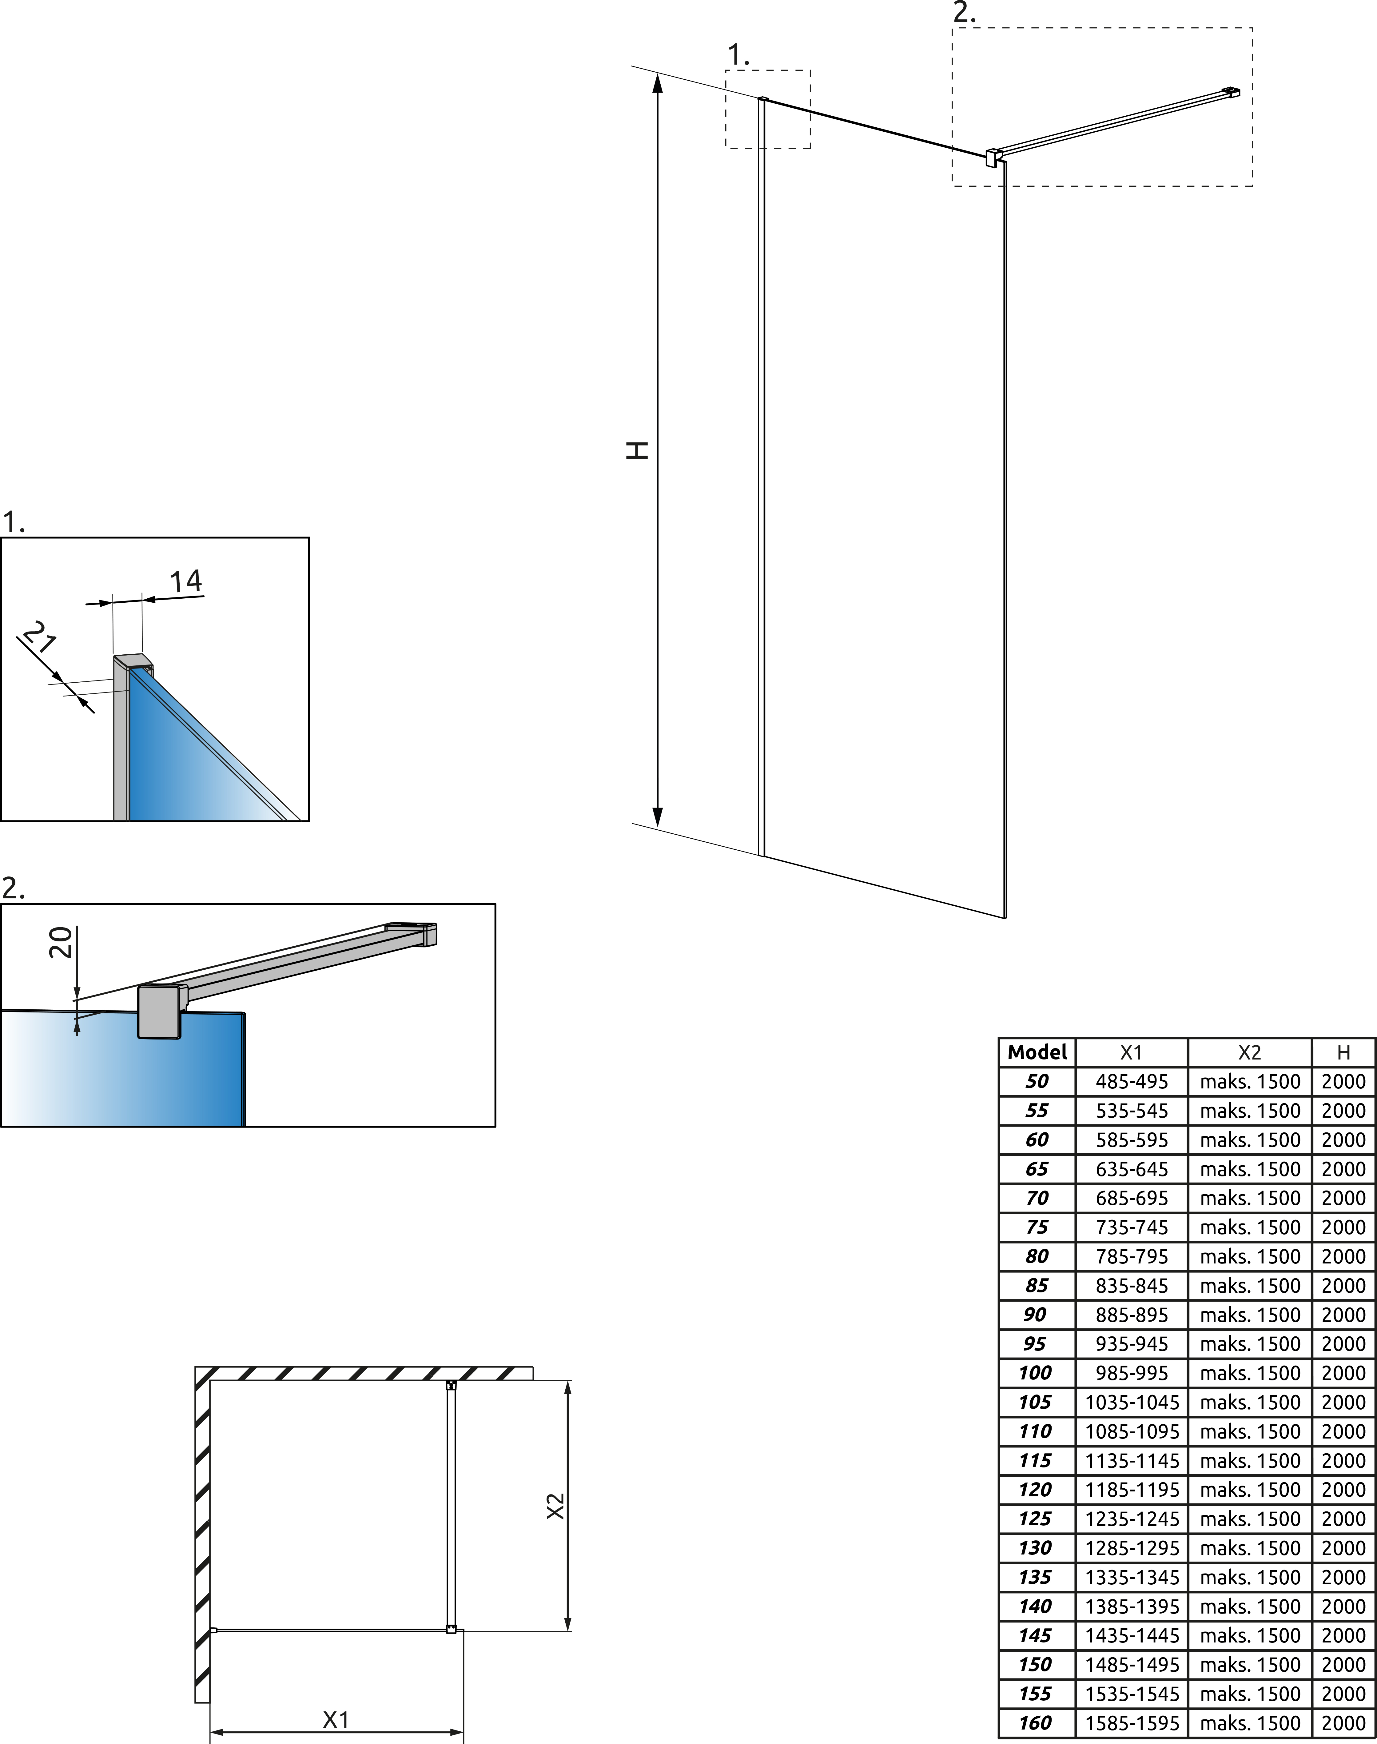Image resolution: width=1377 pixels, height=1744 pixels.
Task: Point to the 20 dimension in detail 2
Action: (61, 942)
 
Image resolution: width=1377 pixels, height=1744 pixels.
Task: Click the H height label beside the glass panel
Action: (638, 450)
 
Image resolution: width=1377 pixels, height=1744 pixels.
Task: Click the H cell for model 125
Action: (1343, 1519)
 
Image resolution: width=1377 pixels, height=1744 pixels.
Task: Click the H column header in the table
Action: (1343, 1052)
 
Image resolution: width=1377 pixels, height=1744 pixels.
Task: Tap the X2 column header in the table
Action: (1250, 1052)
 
